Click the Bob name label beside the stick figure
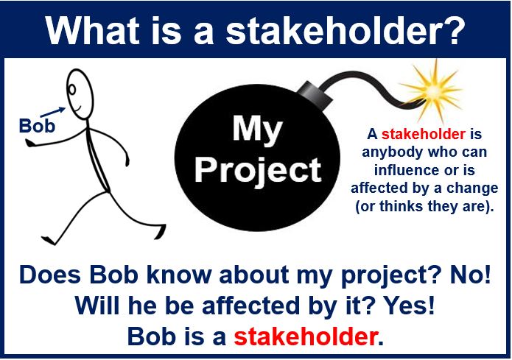click(37, 126)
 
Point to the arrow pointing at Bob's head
click(52, 112)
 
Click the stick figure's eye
click(72, 89)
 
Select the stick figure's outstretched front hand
click(31, 142)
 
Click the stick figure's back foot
click(49, 240)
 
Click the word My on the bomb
click(257, 130)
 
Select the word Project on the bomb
click(258, 170)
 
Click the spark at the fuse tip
click(432, 90)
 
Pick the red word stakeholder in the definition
click(423, 134)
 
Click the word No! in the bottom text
click(470, 275)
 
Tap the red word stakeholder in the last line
click(305, 337)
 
